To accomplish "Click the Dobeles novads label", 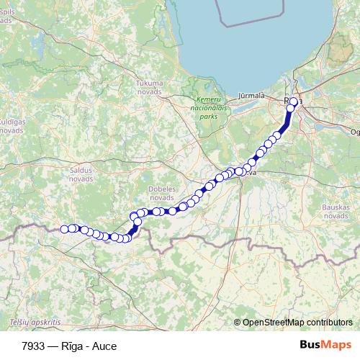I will pyautogui.click(x=160, y=192).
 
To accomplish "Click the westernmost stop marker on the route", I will pyautogui.click(x=64, y=229).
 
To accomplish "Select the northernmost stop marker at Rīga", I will pyautogui.click(x=294, y=102).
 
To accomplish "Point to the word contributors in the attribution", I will pyautogui.click(x=329, y=323).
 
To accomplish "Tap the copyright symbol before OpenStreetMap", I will pyautogui.click(x=238, y=323).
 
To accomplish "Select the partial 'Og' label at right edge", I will pyautogui.click(x=354, y=132).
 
